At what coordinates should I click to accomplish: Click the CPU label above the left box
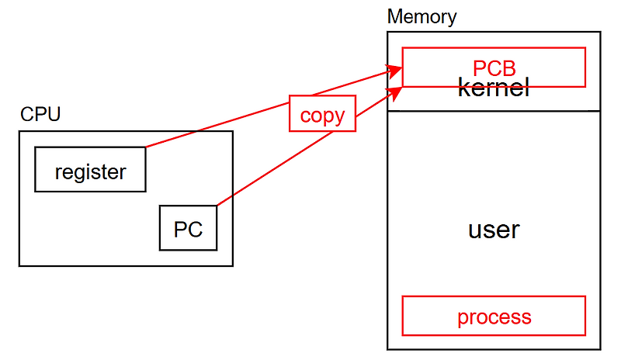tap(40, 115)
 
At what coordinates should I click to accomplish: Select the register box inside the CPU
tap(90, 169)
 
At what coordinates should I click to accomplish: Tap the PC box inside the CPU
tap(188, 228)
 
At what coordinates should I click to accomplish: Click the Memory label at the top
tap(422, 16)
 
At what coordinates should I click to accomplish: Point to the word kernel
tap(494, 88)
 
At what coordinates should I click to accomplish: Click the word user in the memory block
tap(494, 230)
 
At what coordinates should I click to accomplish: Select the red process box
tap(494, 316)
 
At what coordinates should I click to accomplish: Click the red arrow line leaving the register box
tap(217, 125)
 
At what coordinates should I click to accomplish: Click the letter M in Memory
tap(394, 16)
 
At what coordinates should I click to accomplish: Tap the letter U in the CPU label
tap(54, 115)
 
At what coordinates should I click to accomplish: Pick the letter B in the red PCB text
tap(508, 68)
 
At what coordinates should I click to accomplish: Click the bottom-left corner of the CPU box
tap(19, 266)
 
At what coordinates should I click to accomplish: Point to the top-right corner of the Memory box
tap(601, 32)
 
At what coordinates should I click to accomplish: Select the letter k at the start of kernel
tap(463, 88)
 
